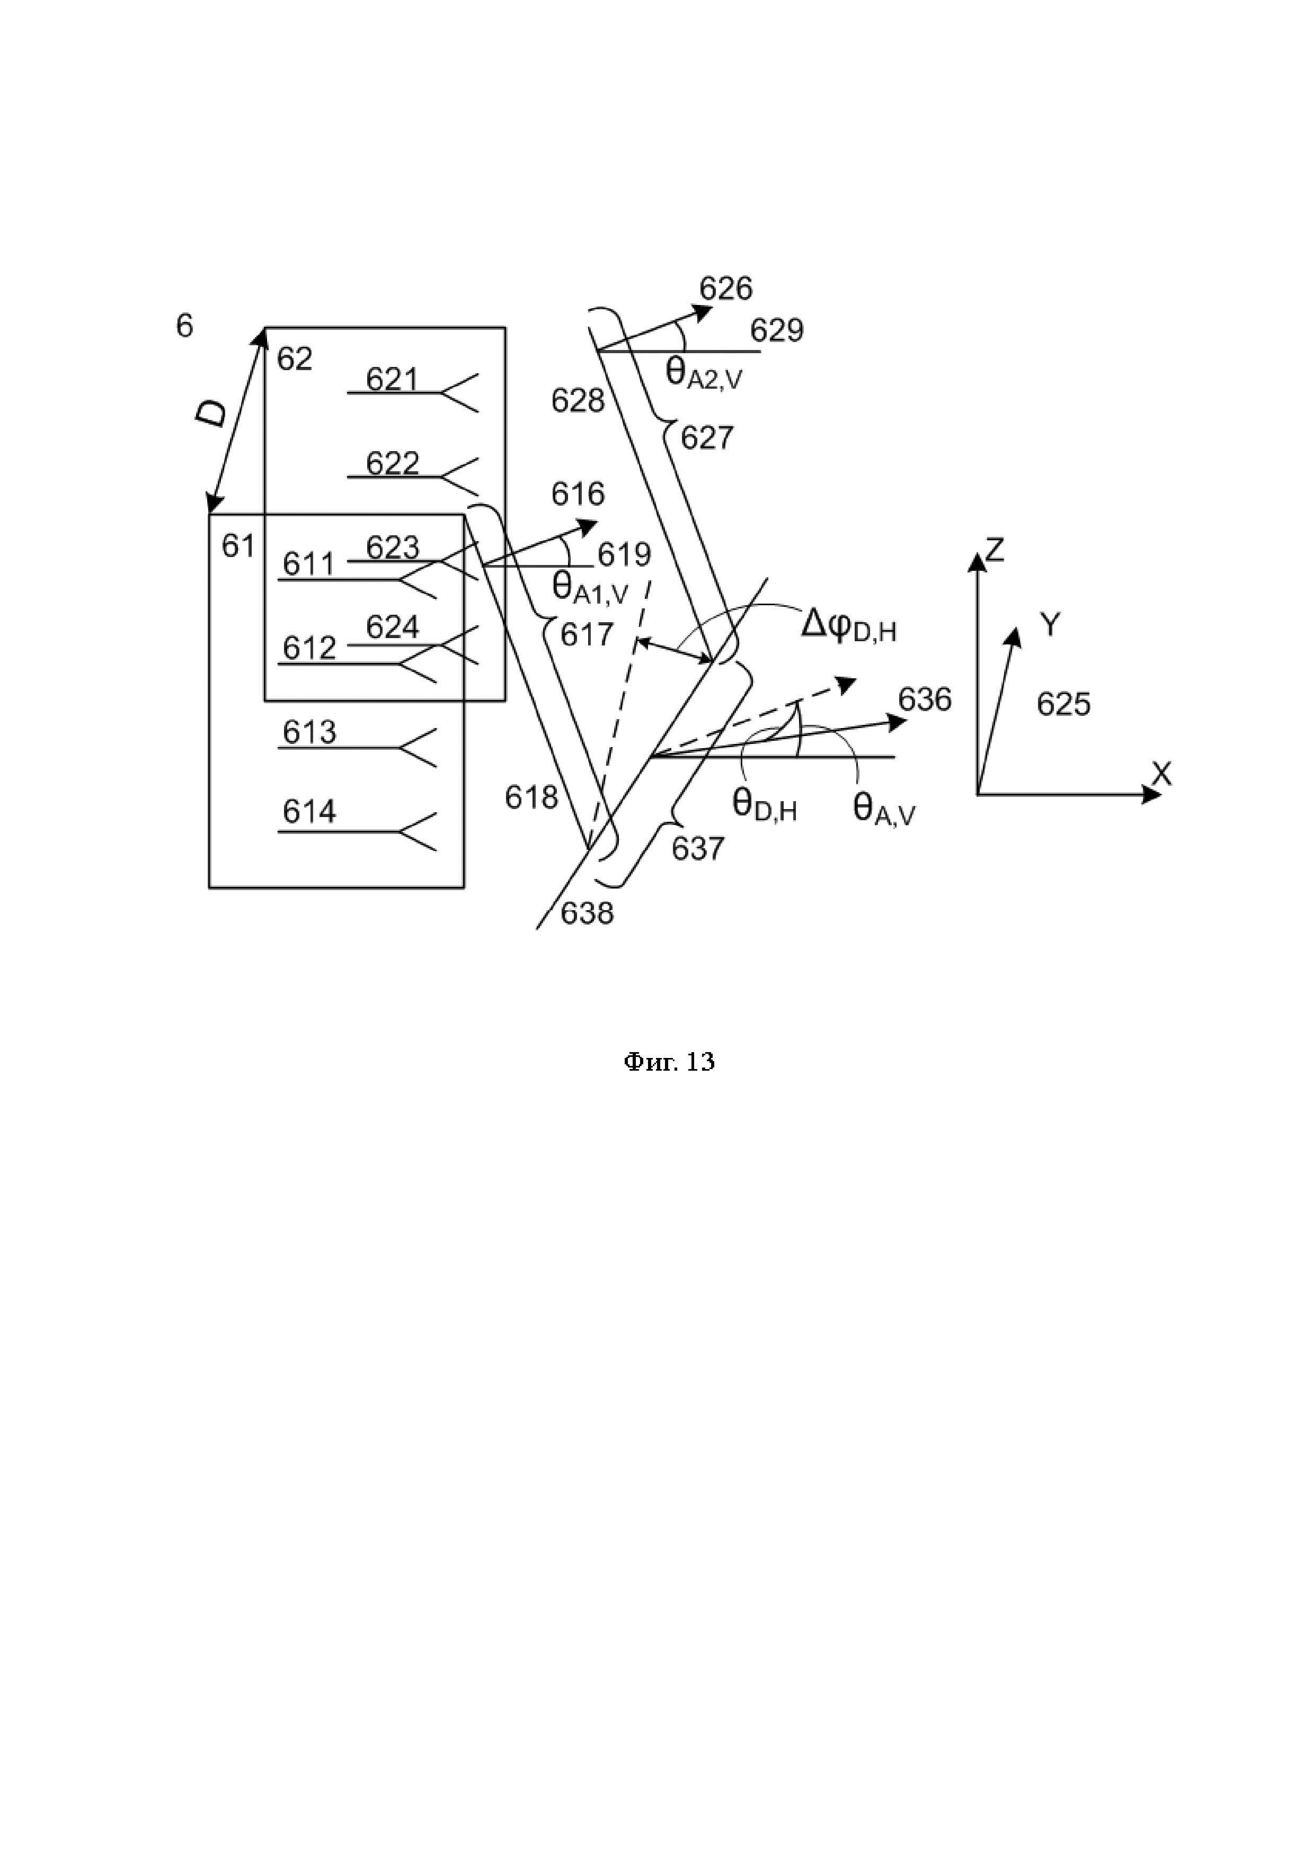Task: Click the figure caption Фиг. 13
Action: [x=669, y=1062]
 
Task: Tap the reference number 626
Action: [x=726, y=289]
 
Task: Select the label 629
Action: [x=777, y=331]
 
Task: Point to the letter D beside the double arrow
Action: [x=212, y=415]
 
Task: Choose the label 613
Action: [x=309, y=733]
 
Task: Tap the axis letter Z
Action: [x=995, y=550]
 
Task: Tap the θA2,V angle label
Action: [x=703, y=374]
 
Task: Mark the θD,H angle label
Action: [x=765, y=805]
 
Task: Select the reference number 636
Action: [x=925, y=699]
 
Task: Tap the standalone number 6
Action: [x=184, y=326]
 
